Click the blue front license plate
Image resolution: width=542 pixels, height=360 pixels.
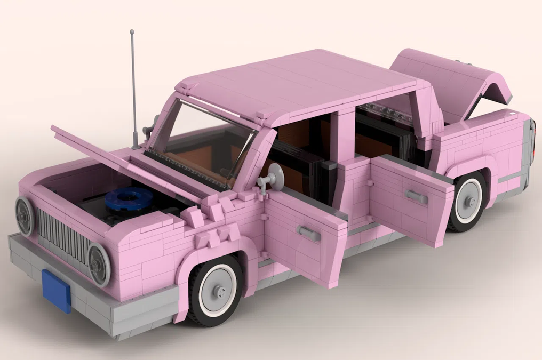click(x=57, y=291)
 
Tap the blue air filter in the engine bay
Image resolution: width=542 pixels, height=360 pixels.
click(x=129, y=199)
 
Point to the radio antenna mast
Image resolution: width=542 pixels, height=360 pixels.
click(x=133, y=85)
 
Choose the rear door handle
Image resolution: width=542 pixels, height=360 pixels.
click(x=417, y=197)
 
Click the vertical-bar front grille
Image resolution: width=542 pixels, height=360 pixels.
click(x=63, y=234)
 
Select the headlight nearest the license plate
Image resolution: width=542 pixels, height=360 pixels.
click(x=99, y=265)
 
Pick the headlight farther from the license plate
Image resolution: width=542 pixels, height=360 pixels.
click(x=25, y=216)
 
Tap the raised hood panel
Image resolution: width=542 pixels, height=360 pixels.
click(x=128, y=160)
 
